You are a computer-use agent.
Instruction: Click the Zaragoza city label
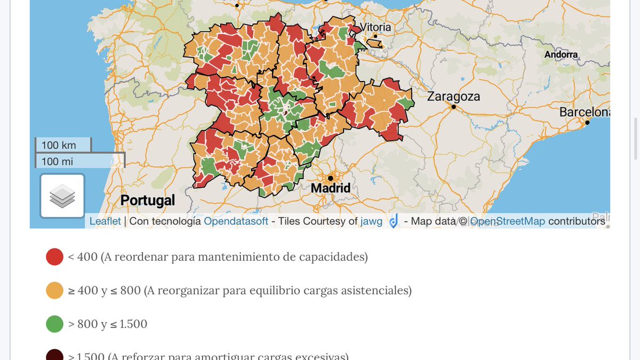point(453,97)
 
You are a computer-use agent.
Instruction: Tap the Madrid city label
point(331,188)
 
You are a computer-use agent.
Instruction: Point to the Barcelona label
point(584,113)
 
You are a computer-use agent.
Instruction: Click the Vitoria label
point(375,27)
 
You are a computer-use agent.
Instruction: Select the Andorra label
point(561,54)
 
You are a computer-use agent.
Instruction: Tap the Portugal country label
point(147,201)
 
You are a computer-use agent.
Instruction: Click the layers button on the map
point(62,196)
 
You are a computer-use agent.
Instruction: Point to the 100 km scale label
point(59,145)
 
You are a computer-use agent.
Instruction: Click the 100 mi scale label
point(57,161)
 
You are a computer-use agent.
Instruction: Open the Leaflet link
point(105,221)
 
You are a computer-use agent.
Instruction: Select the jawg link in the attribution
point(371,221)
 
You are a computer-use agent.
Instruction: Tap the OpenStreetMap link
point(507,221)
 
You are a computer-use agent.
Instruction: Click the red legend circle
point(55,257)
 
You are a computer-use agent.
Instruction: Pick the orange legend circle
point(55,291)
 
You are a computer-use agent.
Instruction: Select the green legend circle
point(55,324)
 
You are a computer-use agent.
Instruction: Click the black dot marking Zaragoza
point(453,107)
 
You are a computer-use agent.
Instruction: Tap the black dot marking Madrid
point(331,178)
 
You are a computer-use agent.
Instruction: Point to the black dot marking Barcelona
point(587,123)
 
